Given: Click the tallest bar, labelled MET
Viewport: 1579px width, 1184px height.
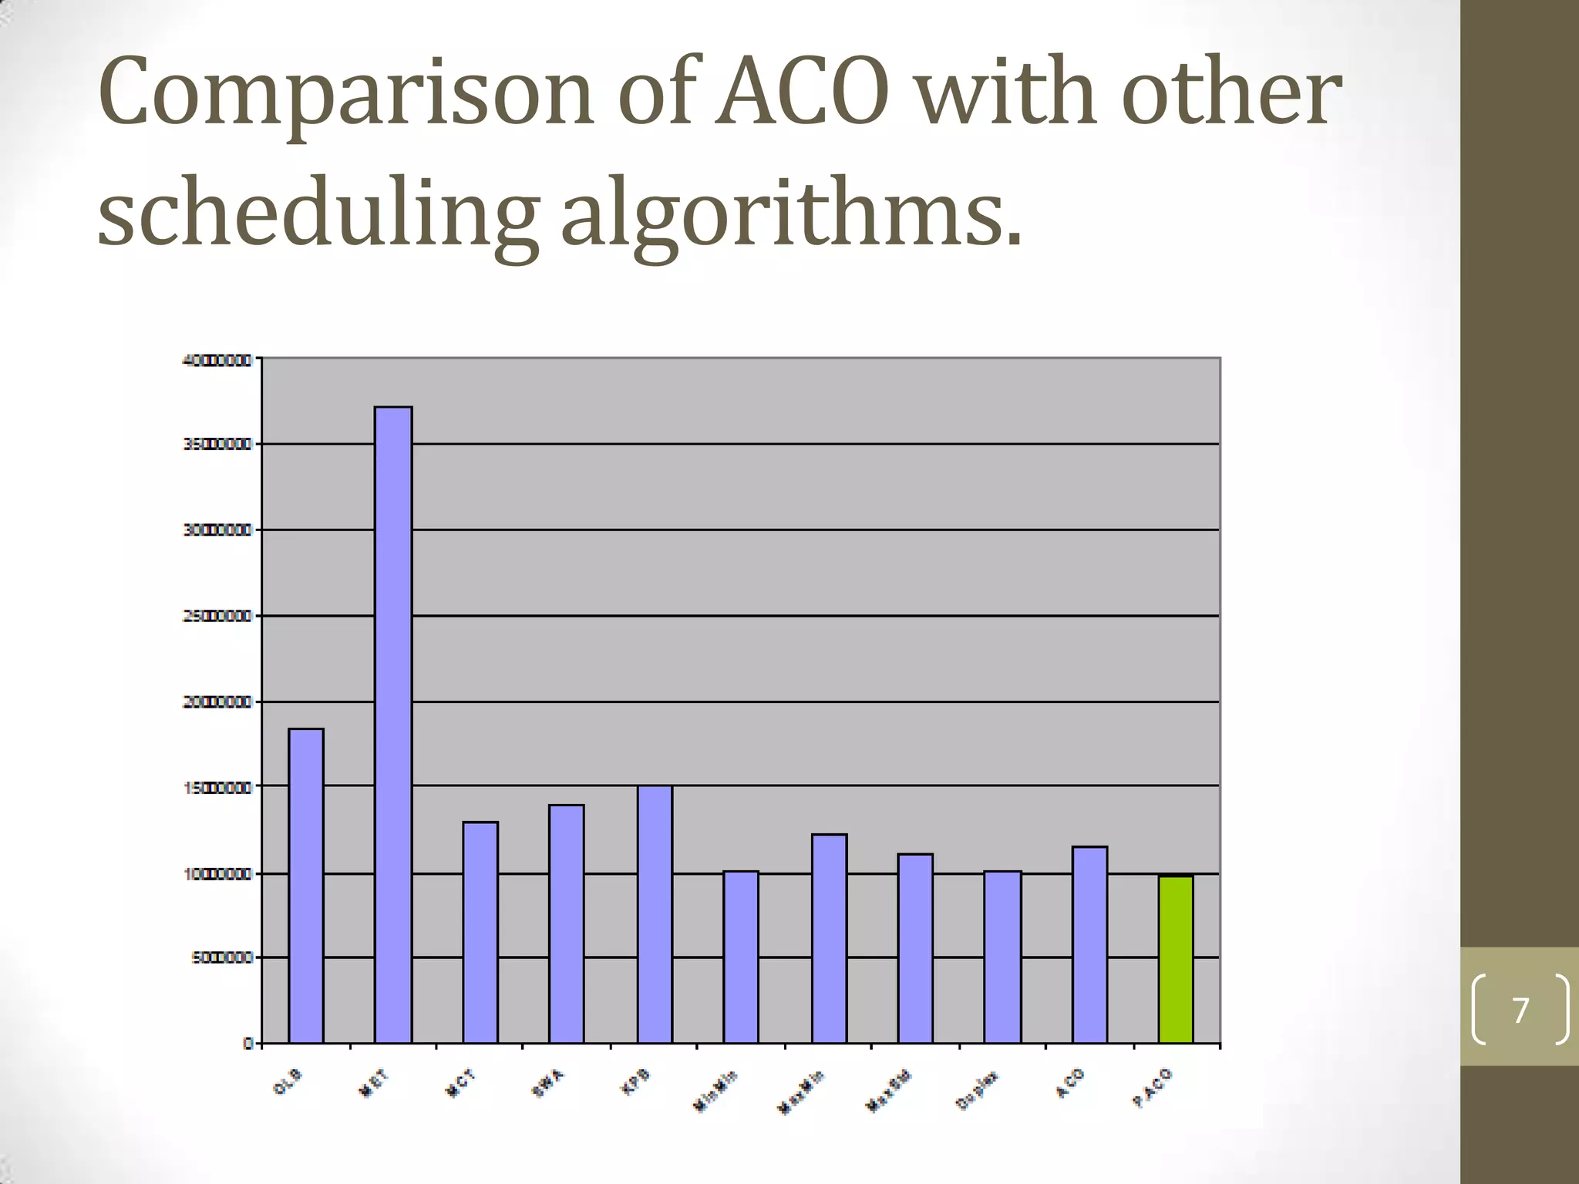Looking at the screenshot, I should (x=393, y=725).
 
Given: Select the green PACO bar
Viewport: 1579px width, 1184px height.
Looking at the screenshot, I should (x=1176, y=960).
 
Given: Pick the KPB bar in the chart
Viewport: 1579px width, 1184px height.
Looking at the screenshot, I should (x=655, y=914).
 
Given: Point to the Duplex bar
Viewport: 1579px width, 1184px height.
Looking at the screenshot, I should (x=1002, y=957).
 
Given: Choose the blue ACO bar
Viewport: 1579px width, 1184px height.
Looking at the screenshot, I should (x=1089, y=944).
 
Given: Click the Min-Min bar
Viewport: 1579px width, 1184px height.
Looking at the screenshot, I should (x=741, y=957).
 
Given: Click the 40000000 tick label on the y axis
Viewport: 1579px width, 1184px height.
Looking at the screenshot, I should (x=217, y=360).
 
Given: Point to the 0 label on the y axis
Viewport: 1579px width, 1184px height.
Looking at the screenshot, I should (x=248, y=1043).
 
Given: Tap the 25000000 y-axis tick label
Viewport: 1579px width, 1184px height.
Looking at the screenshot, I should (x=217, y=617).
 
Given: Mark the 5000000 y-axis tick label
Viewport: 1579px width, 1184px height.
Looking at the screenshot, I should (x=221, y=957).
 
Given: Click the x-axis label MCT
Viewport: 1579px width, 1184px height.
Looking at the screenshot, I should (x=462, y=1084).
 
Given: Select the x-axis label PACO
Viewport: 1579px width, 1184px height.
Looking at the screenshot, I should (x=1153, y=1088).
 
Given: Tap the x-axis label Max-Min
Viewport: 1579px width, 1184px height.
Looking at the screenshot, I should (x=801, y=1091).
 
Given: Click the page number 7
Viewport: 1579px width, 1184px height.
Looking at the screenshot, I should (x=1520, y=1010).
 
